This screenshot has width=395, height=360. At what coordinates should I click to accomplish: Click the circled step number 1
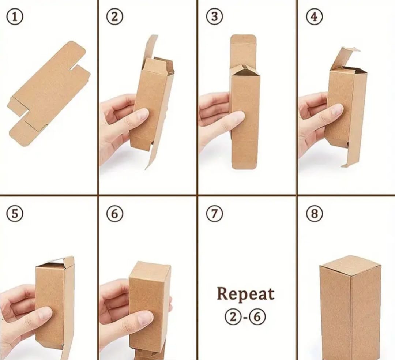tap(15, 17)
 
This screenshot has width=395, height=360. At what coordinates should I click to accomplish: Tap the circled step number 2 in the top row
tap(114, 17)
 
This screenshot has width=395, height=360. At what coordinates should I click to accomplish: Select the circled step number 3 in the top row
tap(214, 17)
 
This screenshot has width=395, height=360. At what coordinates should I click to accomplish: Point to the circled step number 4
tap(314, 17)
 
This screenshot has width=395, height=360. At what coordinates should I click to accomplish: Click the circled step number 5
tap(15, 214)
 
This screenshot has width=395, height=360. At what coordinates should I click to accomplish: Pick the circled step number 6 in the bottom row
tap(114, 214)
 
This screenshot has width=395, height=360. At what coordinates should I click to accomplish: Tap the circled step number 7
tap(214, 214)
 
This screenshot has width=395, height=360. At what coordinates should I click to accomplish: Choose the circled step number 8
tap(314, 214)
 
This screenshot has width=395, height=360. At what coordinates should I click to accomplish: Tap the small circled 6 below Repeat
tap(257, 317)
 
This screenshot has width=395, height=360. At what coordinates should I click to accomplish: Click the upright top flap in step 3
tap(243, 49)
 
